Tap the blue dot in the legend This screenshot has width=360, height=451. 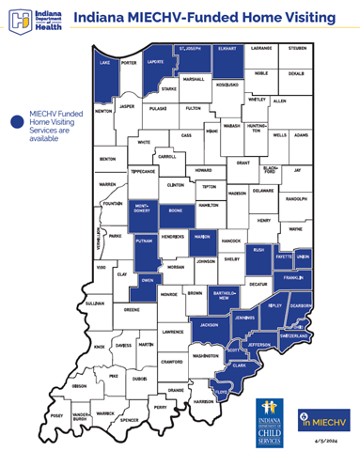coord(17,121)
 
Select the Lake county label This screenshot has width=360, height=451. coord(102,64)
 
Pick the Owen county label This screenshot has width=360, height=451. coord(146,280)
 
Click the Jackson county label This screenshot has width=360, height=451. coord(210,325)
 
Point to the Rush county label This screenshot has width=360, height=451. coord(259,250)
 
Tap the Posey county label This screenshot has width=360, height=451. coord(57,413)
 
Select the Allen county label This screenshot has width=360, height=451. coord(279,100)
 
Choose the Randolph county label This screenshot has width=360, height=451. coord(296,198)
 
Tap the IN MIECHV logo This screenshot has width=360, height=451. coord(322,413)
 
